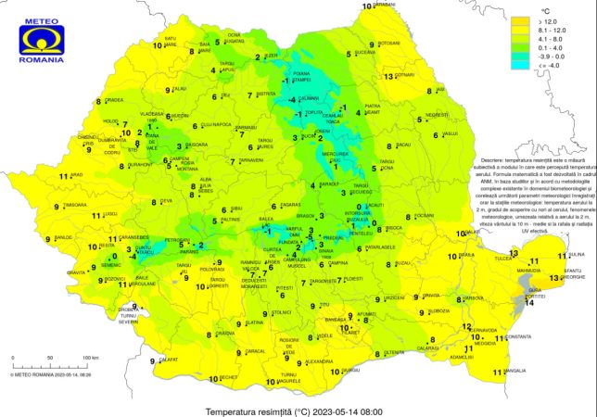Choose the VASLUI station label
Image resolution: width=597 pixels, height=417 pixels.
pos(451,134)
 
